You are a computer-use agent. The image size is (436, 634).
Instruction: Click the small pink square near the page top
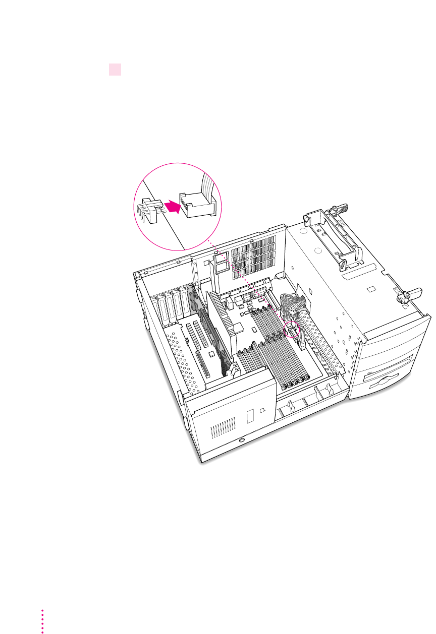pos(115,70)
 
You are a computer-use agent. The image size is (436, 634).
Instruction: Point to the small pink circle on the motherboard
pos(292,330)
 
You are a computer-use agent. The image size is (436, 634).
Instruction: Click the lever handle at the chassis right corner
pos(409,294)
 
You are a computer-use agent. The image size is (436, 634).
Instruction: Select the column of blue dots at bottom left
pos(42,620)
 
